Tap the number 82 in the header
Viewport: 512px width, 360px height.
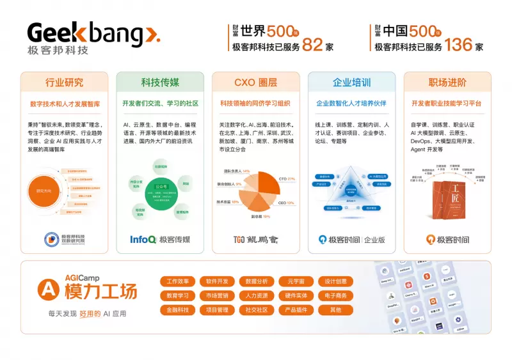pyautogui.click(x=313, y=45)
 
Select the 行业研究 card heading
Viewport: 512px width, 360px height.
pyautogui.click(x=64, y=82)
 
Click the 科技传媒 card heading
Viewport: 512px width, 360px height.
pyautogui.click(x=160, y=82)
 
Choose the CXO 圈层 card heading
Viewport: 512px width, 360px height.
pyautogui.click(x=256, y=82)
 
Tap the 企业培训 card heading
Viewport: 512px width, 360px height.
pyautogui.click(x=351, y=82)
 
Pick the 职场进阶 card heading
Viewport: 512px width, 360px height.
pyautogui.click(x=447, y=82)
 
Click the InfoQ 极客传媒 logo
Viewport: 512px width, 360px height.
pyautogui.click(x=160, y=240)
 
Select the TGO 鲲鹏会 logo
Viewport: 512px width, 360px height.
pyautogui.click(x=256, y=240)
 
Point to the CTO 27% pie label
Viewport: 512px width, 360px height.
pyautogui.click(x=286, y=178)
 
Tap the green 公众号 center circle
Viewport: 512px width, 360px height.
pyautogui.click(x=160, y=187)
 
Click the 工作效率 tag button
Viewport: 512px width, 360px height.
pyautogui.click(x=177, y=281)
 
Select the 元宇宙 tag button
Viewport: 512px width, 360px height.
pyautogui.click(x=296, y=281)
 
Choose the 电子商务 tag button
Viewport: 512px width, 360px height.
pyautogui.click(x=335, y=295)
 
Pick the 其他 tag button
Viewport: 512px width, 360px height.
pyautogui.click(x=335, y=310)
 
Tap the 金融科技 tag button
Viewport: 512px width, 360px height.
pyautogui.click(x=177, y=310)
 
